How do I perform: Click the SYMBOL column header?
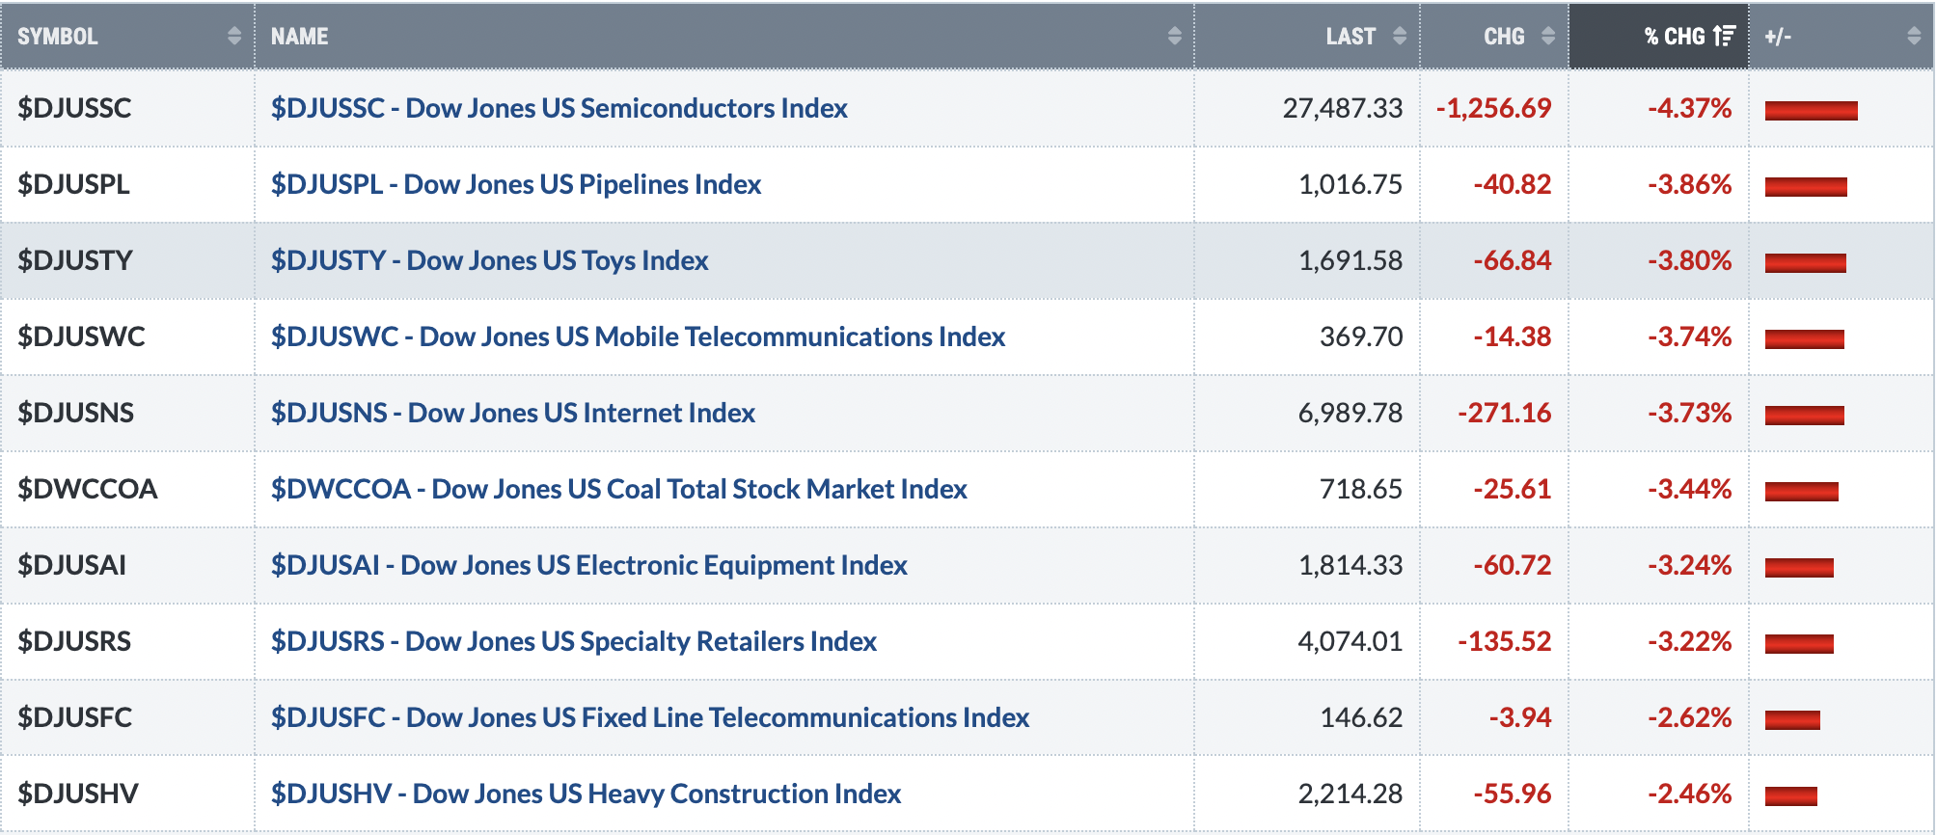(x=58, y=37)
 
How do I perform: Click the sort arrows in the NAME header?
(x=1174, y=37)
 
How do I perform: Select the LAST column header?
(x=1350, y=37)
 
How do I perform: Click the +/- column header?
(x=1778, y=37)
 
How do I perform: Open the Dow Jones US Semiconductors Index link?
(x=559, y=108)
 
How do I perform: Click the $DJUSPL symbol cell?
(x=73, y=184)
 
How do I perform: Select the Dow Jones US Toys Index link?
(x=490, y=260)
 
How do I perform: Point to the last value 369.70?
(x=1361, y=337)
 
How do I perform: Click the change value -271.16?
(x=1505, y=413)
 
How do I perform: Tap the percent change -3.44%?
(x=1690, y=489)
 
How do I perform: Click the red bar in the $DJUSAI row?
(x=1799, y=567)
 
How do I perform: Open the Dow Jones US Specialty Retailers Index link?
(x=574, y=641)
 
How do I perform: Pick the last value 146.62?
(x=1361, y=717)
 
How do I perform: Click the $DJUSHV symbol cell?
(x=78, y=794)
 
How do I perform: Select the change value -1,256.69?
(x=1494, y=108)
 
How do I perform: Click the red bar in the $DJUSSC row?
(x=1812, y=110)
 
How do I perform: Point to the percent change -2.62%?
(x=1690, y=717)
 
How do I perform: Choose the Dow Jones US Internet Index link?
(x=513, y=413)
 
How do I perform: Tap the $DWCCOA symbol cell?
(x=88, y=489)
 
